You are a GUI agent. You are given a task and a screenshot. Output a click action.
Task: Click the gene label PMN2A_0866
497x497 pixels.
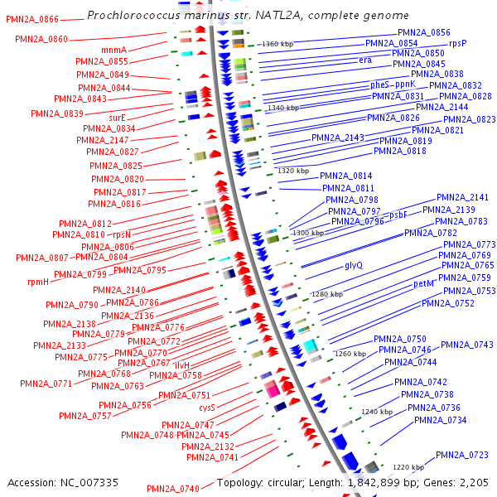(32, 19)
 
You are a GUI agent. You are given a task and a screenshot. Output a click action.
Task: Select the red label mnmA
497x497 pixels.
(114, 50)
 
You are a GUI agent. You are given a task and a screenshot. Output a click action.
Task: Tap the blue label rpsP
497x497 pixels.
(458, 43)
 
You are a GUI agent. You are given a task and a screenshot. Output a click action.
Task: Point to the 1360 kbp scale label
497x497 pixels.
(277, 44)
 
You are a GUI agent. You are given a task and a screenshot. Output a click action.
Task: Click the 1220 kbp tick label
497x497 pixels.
(408, 467)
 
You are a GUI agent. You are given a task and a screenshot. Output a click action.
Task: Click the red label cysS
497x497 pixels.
(206, 408)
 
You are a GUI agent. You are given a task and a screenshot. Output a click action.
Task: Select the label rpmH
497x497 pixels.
(38, 282)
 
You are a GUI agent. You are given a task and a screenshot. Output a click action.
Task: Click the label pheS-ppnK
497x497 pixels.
(393, 84)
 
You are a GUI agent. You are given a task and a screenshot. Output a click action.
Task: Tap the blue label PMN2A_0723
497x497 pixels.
(461, 455)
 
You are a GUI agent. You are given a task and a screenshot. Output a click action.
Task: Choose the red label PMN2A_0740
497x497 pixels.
(173, 488)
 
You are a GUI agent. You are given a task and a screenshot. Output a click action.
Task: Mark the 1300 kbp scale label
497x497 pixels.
(308, 234)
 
